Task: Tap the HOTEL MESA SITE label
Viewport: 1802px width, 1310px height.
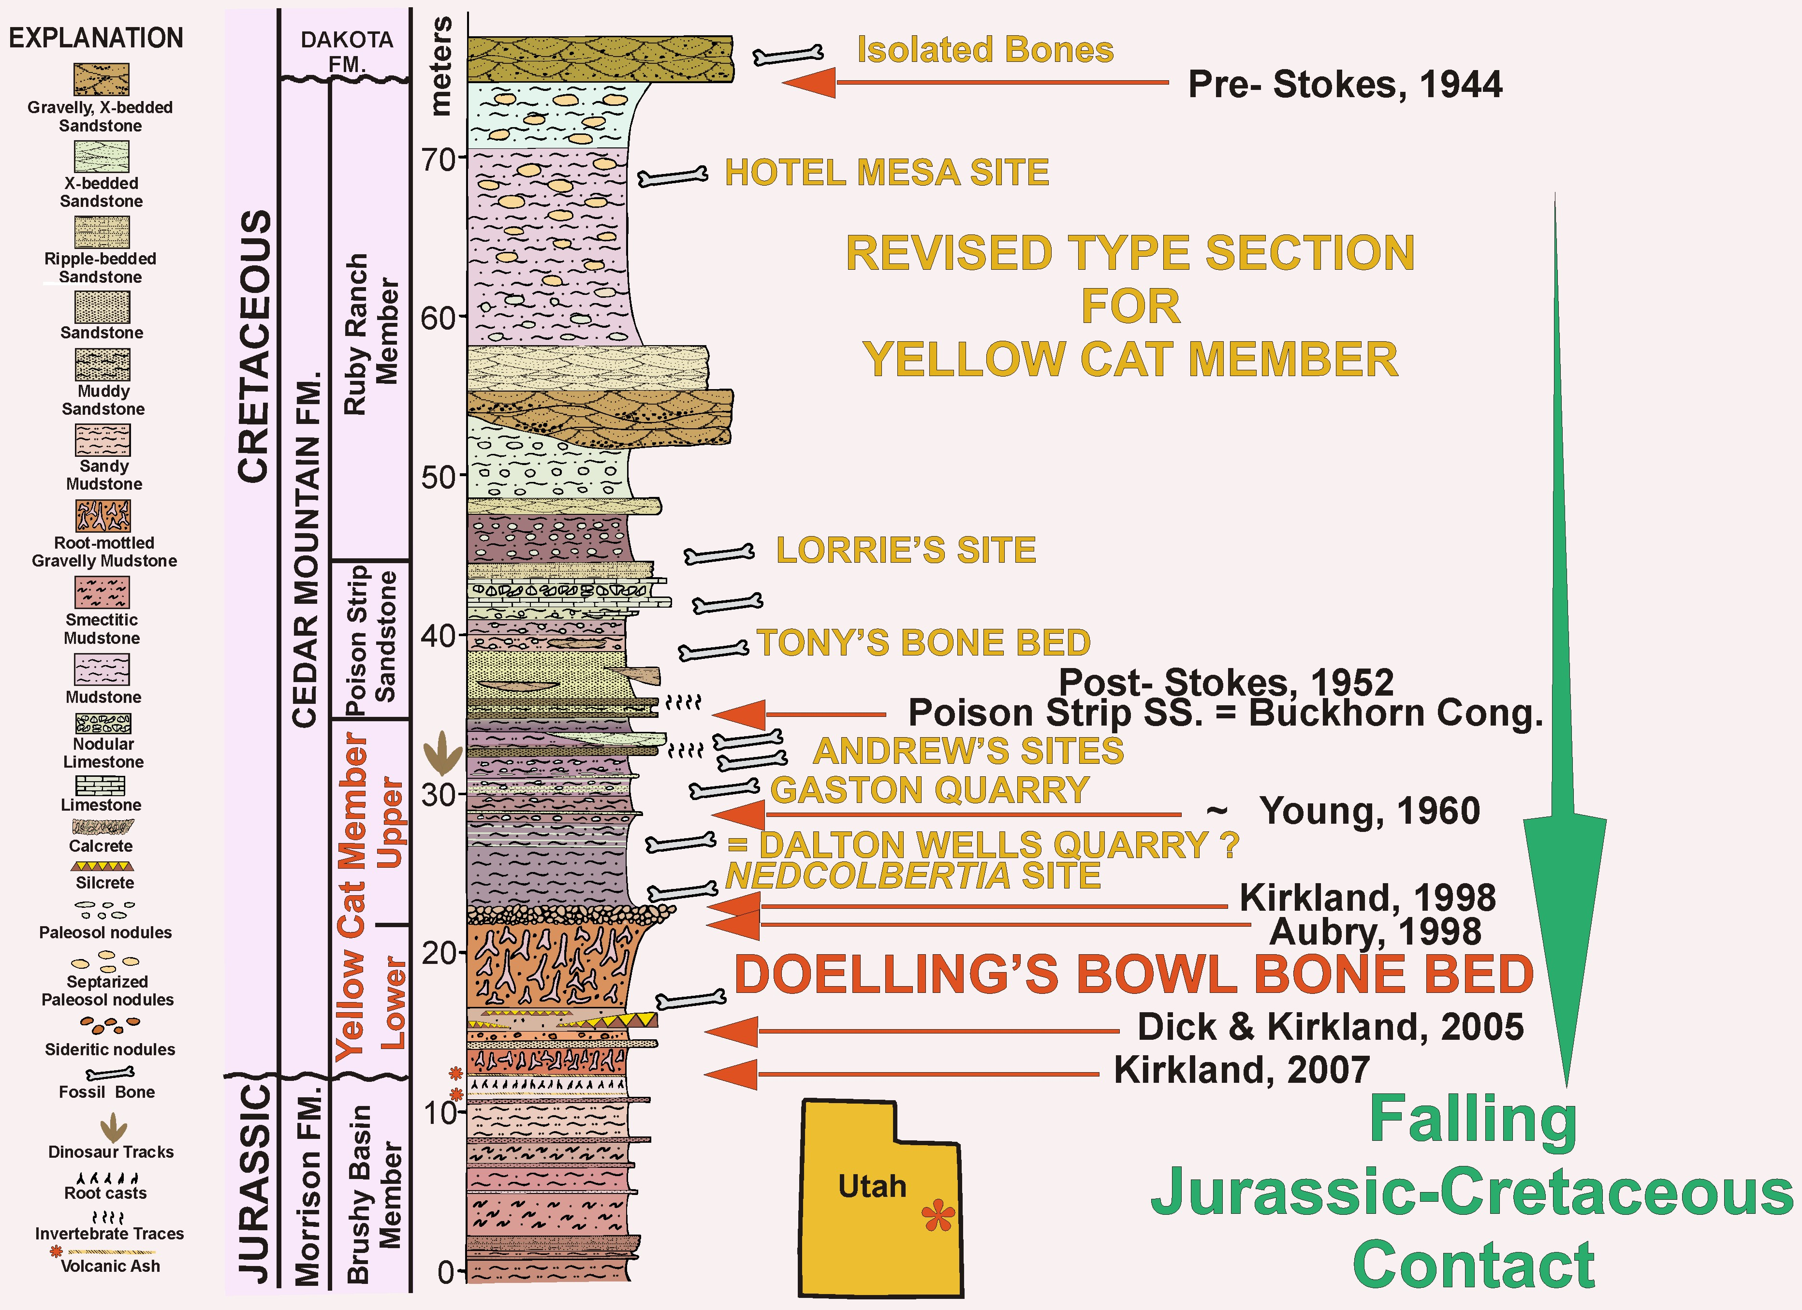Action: pos(887,173)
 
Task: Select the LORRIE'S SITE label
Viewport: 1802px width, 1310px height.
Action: pos(906,550)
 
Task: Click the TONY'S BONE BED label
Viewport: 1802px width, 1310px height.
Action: pos(923,643)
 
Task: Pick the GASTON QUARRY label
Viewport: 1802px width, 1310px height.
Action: pos(930,790)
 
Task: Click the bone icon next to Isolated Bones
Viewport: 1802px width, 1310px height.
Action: pos(788,55)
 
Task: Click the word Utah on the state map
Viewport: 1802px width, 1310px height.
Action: pos(872,1186)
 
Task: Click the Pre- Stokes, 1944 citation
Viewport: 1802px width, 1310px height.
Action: pos(1344,84)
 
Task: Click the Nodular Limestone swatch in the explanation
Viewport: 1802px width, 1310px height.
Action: pos(103,724)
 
